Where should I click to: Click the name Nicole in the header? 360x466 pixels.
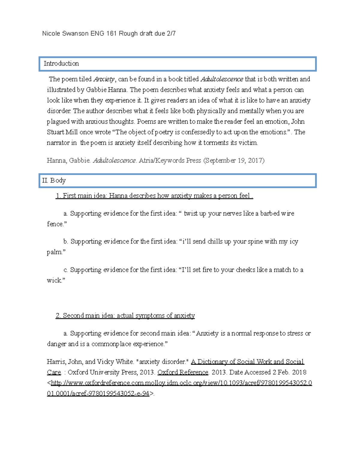click(x=51, y=34)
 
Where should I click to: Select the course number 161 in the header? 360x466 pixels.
click(x=111, y=34)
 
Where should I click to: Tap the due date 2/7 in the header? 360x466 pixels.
click(x=171, y=34)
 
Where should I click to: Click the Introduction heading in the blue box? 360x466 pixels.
click(x=61, y=64)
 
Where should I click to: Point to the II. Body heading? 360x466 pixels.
click(x=54, y=181)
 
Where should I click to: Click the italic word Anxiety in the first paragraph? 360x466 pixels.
click(x=104, y=80)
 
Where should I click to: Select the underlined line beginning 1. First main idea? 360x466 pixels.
click(x=154, y=196)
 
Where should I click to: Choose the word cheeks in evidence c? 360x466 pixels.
click(x=247, y=270)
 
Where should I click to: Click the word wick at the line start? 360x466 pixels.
click(x=54, y=281)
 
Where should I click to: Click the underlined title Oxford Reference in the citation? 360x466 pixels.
click(x=183, y=372)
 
